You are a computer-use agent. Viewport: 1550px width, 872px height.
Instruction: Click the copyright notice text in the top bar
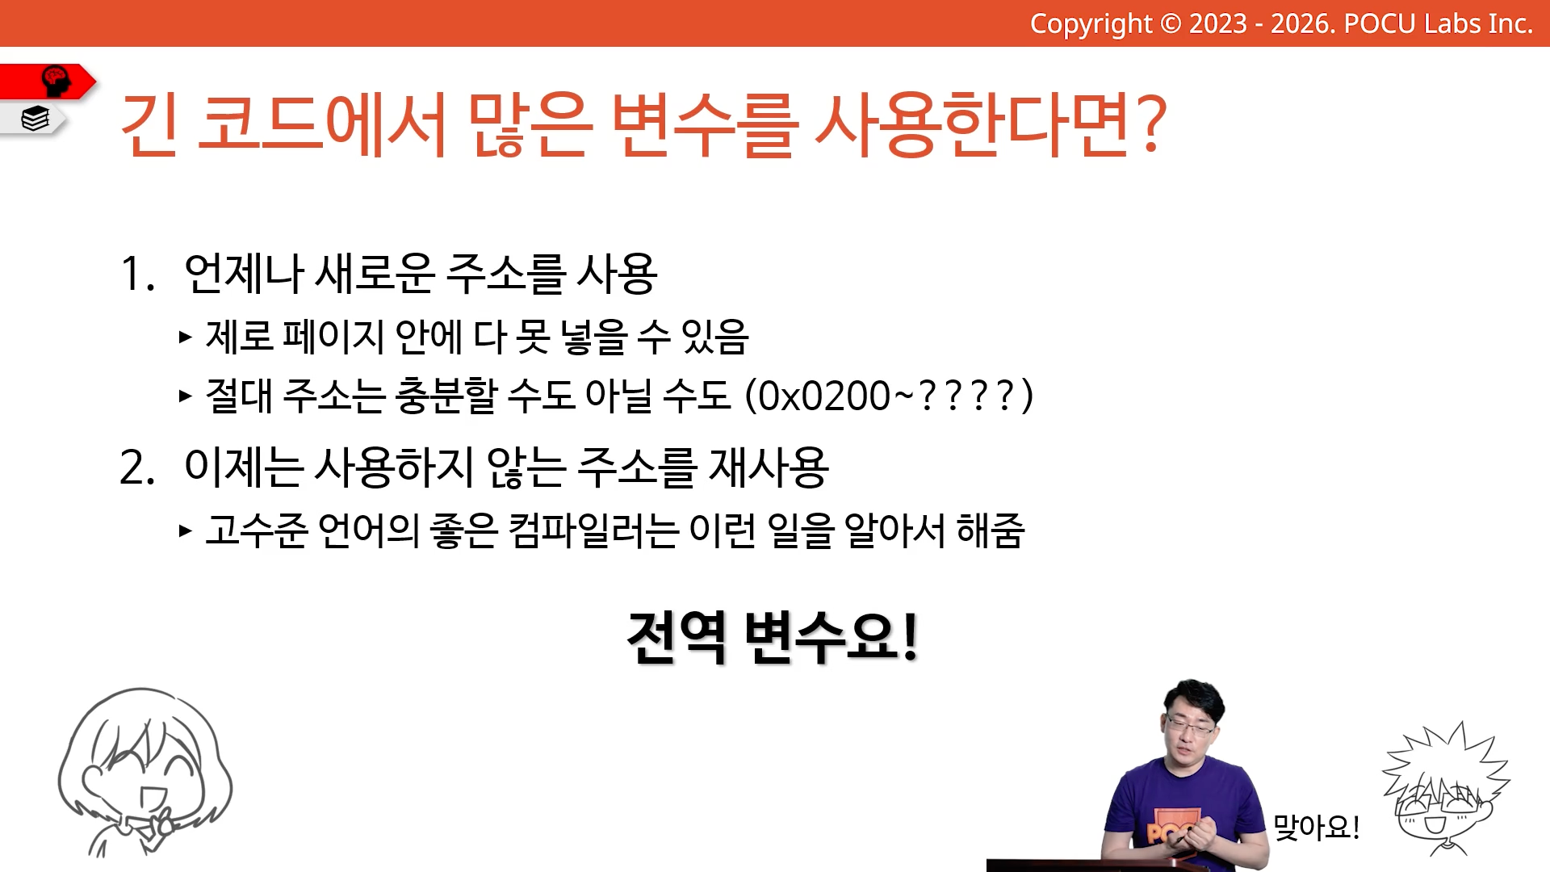1281,23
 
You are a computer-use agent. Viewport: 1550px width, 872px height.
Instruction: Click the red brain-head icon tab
48,82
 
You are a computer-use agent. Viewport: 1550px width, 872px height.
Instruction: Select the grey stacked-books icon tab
34,119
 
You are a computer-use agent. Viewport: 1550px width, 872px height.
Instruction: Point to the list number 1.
136,273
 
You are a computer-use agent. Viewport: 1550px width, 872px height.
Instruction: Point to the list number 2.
136,467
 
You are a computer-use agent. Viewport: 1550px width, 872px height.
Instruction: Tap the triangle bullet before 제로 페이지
186,337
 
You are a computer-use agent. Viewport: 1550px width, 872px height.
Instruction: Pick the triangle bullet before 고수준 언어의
186,530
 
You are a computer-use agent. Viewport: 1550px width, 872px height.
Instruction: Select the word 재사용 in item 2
768,467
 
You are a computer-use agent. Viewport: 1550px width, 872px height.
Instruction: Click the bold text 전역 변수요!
773,637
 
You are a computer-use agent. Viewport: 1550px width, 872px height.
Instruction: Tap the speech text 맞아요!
1316,827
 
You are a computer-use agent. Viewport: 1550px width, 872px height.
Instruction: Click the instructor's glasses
1189,724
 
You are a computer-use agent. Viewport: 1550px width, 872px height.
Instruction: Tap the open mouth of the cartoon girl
150,798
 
